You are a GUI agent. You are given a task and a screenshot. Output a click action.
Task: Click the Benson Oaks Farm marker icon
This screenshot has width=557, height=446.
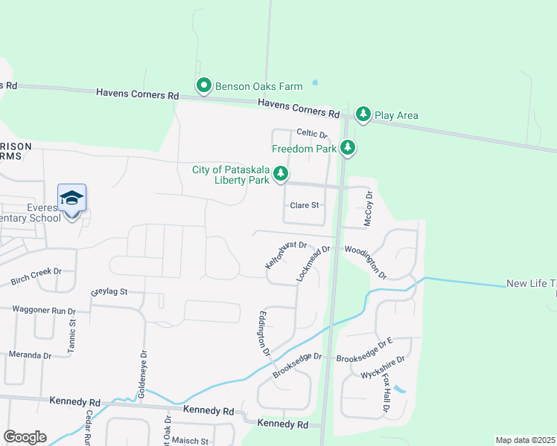(x=203, y=85)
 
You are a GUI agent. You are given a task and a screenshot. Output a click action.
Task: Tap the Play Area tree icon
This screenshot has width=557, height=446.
(x=363, y=114)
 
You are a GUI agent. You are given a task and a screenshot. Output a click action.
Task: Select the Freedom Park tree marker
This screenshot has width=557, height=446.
(x=348, y=148)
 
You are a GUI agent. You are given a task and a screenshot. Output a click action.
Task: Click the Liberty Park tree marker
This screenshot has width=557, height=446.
(x=280, y=175)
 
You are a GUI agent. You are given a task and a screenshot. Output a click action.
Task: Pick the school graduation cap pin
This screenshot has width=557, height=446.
(x=71, y=198)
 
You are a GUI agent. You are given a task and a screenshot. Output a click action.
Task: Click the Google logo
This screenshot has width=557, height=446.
(x=25, y=437)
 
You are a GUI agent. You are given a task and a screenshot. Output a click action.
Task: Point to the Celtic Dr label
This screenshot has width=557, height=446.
(x=312, y=133)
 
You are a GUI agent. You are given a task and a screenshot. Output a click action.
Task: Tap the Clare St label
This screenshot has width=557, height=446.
(x=304, y=205)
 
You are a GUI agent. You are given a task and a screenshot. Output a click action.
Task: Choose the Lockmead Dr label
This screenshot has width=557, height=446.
(x=313, y=263)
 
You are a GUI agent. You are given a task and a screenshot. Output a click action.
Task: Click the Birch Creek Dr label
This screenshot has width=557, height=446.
(x=36, y=277)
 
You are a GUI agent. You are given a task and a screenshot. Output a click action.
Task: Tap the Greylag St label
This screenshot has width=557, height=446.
(x=109, y=291)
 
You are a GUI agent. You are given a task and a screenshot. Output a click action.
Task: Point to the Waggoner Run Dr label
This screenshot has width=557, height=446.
(x=44, y=310)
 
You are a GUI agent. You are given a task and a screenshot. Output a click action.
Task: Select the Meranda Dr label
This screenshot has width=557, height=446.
(x=30, y=355)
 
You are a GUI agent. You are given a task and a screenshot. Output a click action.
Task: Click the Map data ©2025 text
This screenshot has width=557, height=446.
(x=525, y=440)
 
